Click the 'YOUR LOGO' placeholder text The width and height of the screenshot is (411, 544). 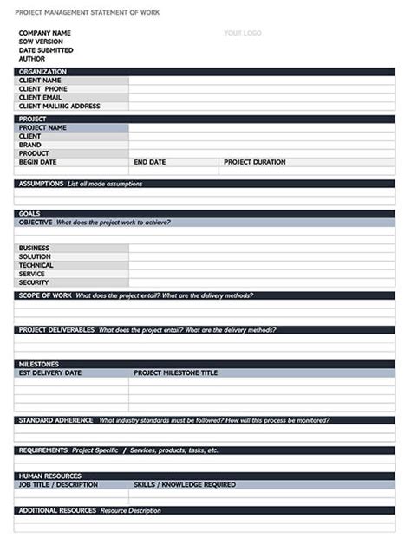pyautogui.click(x=243, y=33)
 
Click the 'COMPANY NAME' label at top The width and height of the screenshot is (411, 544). pyautogui.click(x=45, y=33)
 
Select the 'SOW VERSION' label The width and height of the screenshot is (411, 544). pyautogui.click(x=42, y=42)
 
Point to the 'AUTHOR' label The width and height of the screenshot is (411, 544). pyautogui.click(x=32, y=58)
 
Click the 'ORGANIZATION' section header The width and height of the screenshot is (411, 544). pyautogui.click(x=42, y=72)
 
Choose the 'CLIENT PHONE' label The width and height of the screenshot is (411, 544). pyautogui.click(x=43, y=89)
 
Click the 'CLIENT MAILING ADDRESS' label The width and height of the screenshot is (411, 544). pyautogui.click(x=60, y=107)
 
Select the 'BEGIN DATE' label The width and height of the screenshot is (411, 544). pyautogui.click(x=38, y=162)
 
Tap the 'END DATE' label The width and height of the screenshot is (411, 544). pyautogui.click(x=150, y=162)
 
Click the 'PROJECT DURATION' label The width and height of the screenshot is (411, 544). pyautogui.click(x=255, y=162)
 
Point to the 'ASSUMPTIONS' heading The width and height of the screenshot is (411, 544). pyautogui.click(x=41, y=184)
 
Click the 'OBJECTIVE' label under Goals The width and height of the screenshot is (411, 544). pyautogui.click(x=36, y=223)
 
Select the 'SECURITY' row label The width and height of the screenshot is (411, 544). pyautogui.click(x=34, y=282)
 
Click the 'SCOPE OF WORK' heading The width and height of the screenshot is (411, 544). pyautogui.click(x=45, y=295)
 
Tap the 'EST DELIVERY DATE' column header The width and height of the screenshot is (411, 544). pyautogui.click(x=50, y=373)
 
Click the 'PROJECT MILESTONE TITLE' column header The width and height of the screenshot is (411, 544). pyautogui.click(x=176, y=373)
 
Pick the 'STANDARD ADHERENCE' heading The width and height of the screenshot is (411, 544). pyautogui.click(x=55, y=420)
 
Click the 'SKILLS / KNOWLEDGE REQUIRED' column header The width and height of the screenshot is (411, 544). pyautogui.click(x=184, y=485)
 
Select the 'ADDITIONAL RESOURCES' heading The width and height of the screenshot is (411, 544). pyautogui.click(x=57, y=511)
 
